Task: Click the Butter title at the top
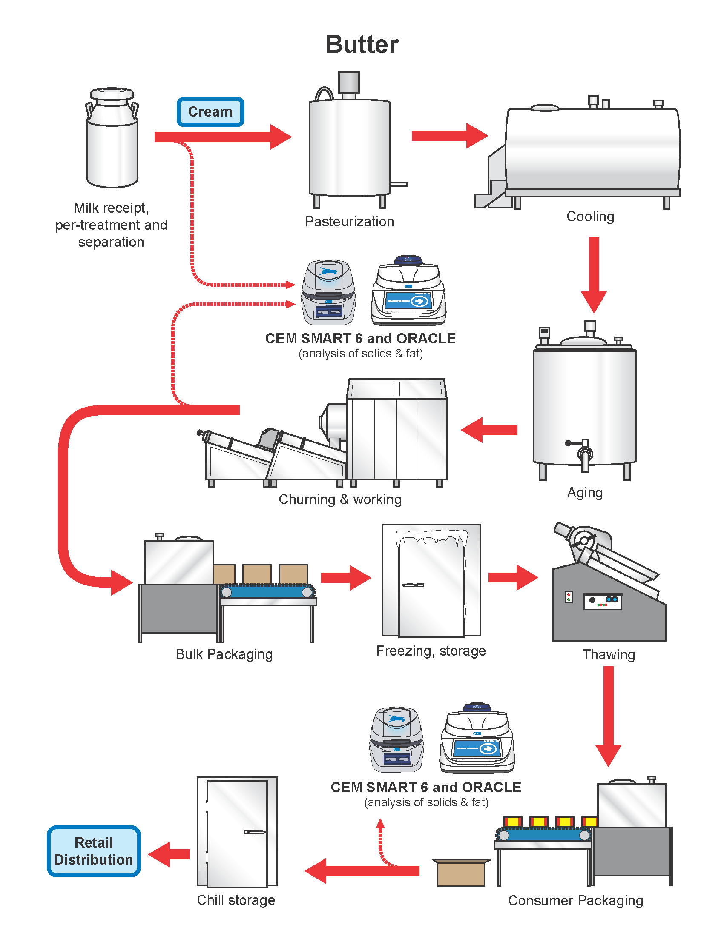point(362,45)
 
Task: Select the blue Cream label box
point(210,112)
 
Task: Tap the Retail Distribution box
point(94,851)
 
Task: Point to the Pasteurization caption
point(349,222)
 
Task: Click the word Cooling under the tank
point(590,217)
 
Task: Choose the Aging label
point(585,493)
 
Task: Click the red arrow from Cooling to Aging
point(594,274)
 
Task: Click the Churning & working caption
point(340,500)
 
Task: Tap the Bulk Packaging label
point(224,654)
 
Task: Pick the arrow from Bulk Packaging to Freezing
point(346,578)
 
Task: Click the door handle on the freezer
point(413,585)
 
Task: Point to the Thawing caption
point(608,655)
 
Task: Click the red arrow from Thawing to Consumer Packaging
point(608,716)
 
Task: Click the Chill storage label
point(236,900)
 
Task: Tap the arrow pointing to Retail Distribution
point(170,854)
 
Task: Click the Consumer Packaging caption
point(575,901)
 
